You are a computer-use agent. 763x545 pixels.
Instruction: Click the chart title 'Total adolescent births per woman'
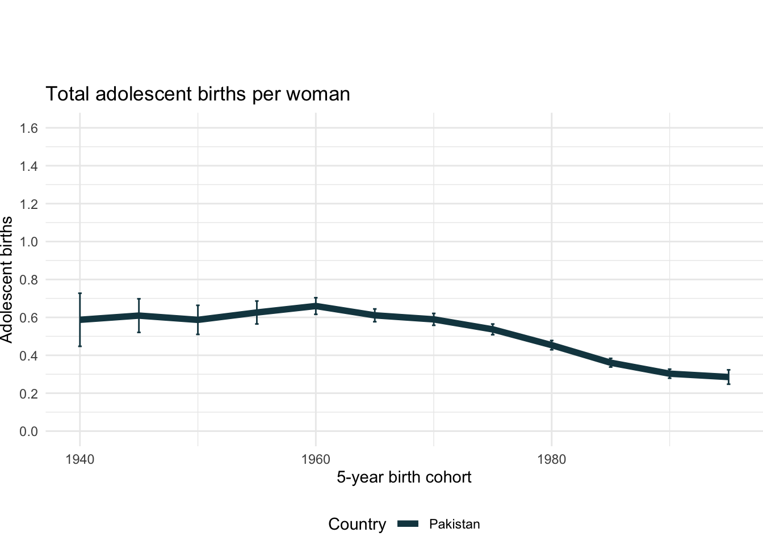[x=198, y=94]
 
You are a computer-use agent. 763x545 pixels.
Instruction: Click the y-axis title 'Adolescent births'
[x=7, y=279]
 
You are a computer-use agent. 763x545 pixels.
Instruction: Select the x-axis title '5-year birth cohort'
[x=404, y=477]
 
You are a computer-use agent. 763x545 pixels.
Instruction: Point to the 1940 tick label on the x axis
[x=79, y=459]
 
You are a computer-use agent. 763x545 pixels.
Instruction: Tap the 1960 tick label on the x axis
[x=316, y=459]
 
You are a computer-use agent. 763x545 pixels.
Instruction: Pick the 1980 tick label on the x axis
[x=552, y=459]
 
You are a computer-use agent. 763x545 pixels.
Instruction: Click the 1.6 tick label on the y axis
[x=29, y=128]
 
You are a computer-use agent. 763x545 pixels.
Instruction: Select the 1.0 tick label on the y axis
[x=29, y=242]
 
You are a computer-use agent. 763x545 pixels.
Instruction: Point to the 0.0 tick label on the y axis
[x=29, y=431]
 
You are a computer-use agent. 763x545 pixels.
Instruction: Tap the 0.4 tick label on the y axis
[x=29, y=356]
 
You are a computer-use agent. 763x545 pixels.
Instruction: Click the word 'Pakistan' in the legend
[x=454, y=524]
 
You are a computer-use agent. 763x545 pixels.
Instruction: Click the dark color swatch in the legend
[x=408, y=524]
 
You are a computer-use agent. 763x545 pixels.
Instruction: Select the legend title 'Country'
[x=357, y=524]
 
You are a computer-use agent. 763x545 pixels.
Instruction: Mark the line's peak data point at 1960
[x=316, y=306]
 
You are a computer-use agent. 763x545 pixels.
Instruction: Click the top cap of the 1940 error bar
[x=80, y=294]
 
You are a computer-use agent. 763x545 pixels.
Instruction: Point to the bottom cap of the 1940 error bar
[x=80, y=346]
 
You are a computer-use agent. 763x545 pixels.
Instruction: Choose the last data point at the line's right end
[x=728, y=377]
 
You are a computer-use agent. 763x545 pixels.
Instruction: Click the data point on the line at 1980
[x=552, y=345]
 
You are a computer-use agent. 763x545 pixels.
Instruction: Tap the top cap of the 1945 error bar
[x=139, y=299]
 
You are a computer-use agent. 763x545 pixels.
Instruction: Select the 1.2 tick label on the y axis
[x=29, y=204]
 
